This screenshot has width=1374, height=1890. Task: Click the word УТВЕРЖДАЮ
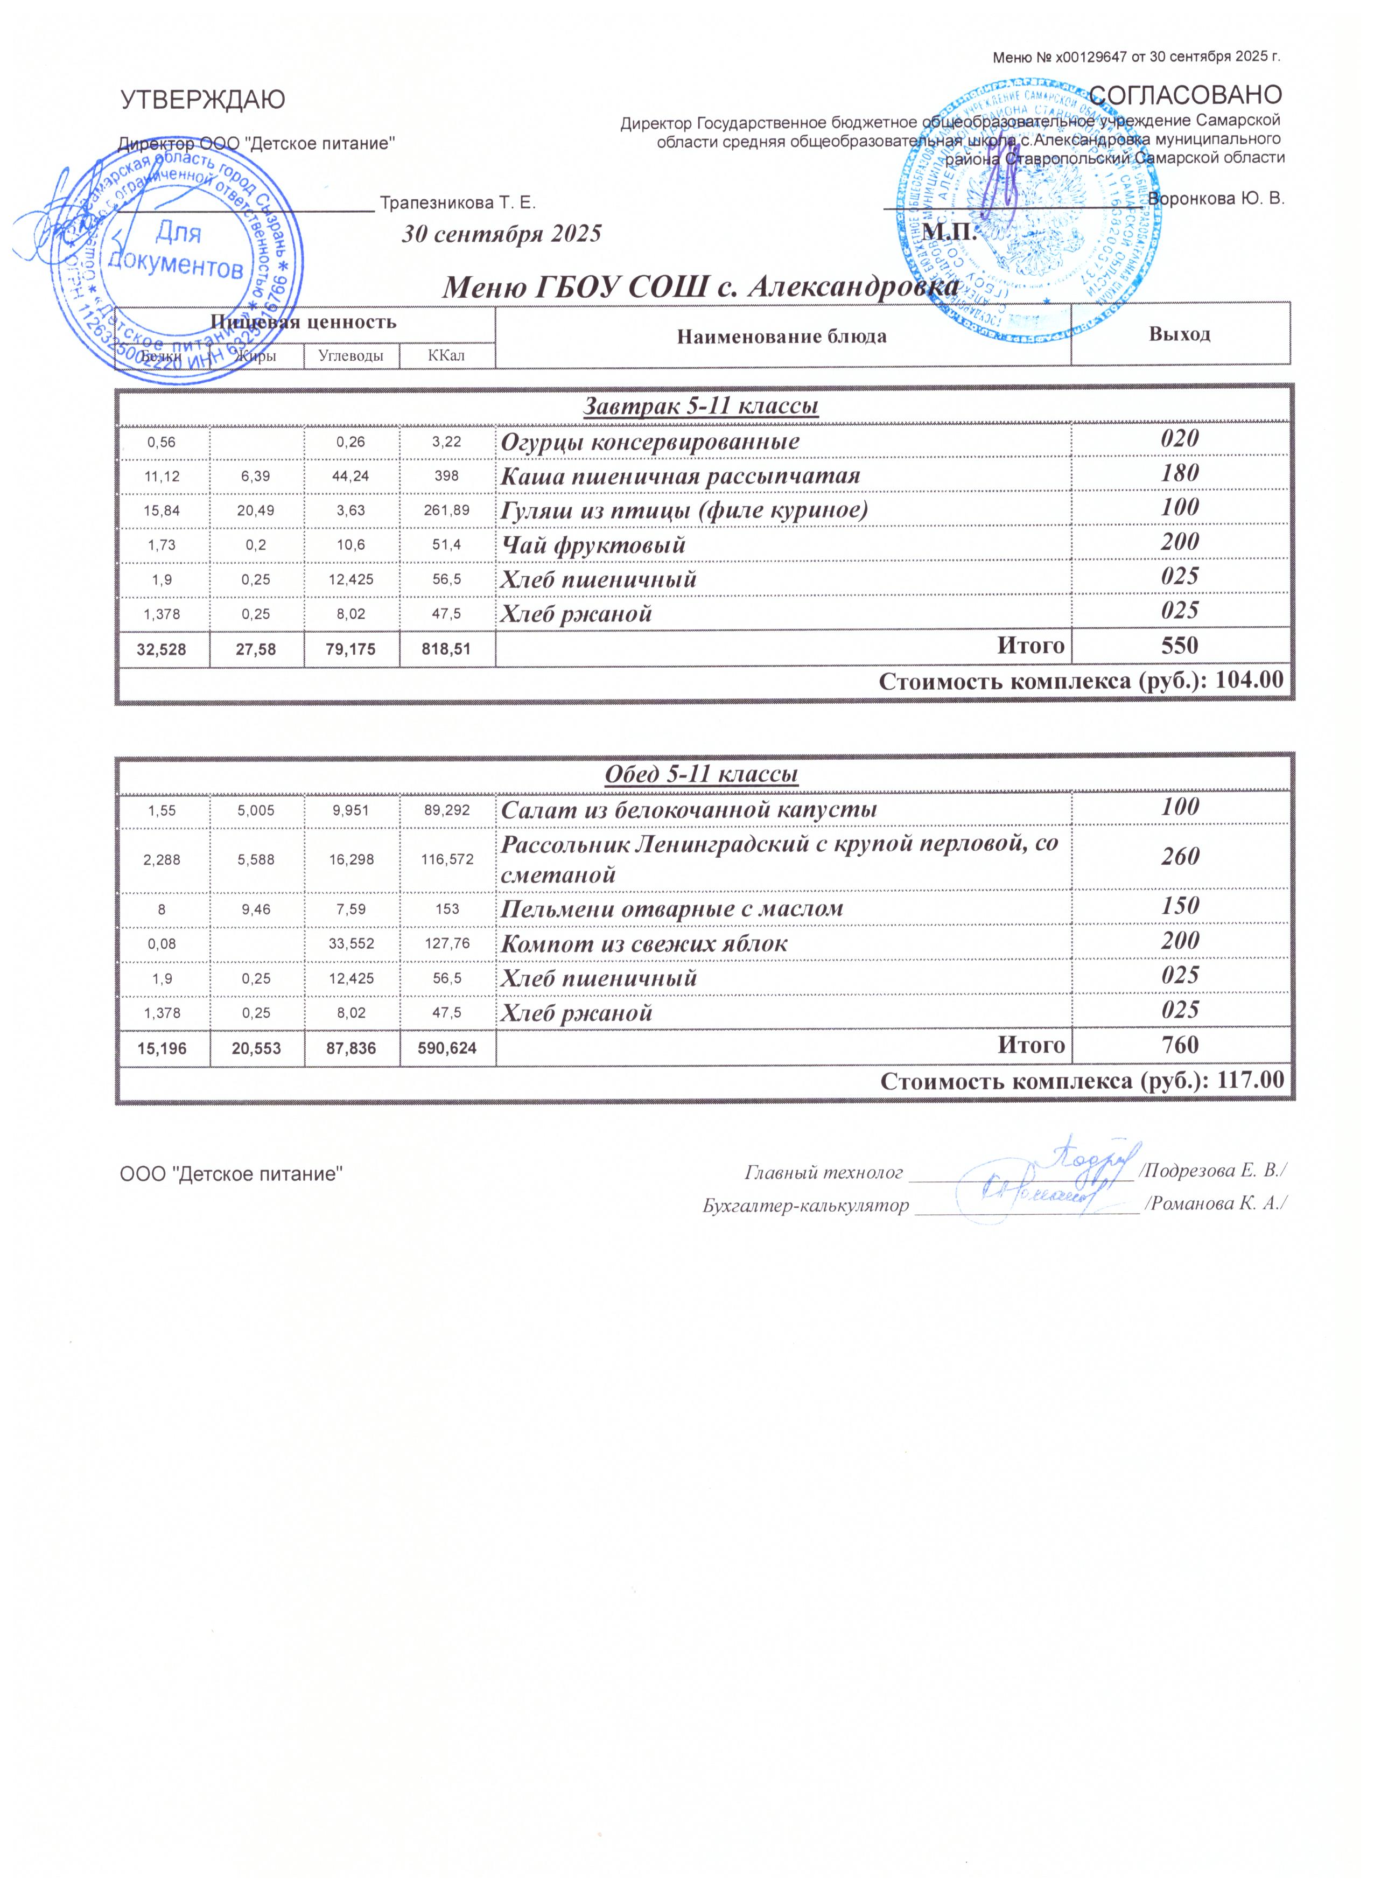click(x=202, y=100)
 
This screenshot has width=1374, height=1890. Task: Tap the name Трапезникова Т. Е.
click(x=458, y=202)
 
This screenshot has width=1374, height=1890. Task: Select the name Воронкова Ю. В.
click(x=1216, y=198)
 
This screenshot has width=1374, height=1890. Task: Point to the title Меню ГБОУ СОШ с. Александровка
click(x=700, y=288)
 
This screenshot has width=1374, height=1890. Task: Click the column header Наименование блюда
click(x=782, y=336)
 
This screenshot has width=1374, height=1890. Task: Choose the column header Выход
click(x=1179, y=334)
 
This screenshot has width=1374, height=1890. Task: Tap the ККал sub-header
click(x=447, y=356)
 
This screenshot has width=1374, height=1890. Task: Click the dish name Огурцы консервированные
click(x=650, y=441)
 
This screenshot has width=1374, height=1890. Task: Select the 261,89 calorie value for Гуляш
click(x=447, y=510)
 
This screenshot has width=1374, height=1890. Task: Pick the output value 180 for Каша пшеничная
click(x=1180, y=473)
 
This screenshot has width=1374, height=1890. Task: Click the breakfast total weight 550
click(x=1180, y=645)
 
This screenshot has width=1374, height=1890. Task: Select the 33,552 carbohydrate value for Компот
click(x=351, y=944)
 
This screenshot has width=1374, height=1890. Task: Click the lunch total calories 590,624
click(x=447, y=1047)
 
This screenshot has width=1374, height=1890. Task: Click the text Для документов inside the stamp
click(x=178, y=250)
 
